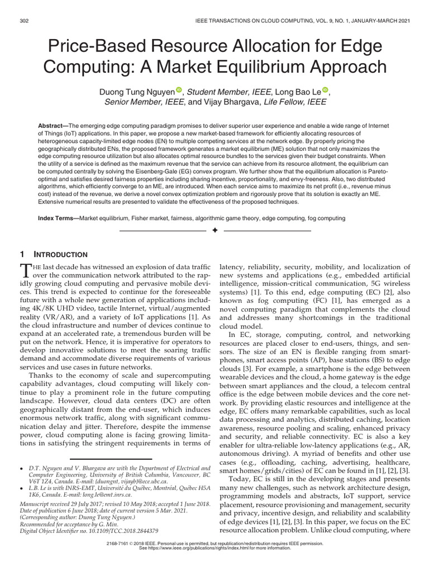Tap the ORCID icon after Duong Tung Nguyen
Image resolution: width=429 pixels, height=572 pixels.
(179, 90)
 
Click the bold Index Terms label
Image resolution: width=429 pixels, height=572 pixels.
(58, 218)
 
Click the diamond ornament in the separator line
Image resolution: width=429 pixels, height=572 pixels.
(215, 231)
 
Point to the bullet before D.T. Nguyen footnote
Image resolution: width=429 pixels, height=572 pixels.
(21, 466)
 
